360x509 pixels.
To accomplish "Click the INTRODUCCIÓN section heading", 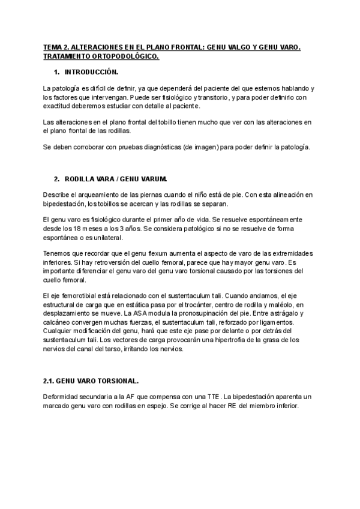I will [x=91, y=72].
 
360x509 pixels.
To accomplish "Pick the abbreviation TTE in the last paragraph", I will [x=214, y=396].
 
